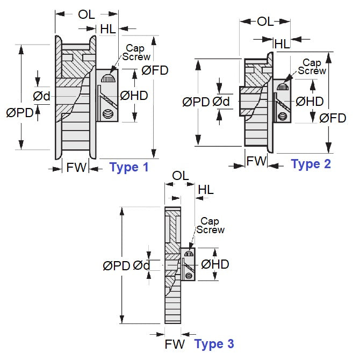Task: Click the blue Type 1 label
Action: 129,167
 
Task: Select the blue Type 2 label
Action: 311,164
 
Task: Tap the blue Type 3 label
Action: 214,343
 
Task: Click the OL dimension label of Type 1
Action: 87,15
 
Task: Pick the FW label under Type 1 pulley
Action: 76,168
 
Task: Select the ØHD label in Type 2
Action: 309,101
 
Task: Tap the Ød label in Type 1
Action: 41,96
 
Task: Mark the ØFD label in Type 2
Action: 333,118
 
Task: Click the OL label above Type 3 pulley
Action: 180,176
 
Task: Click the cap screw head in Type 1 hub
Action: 109,78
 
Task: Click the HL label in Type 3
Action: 206,190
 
